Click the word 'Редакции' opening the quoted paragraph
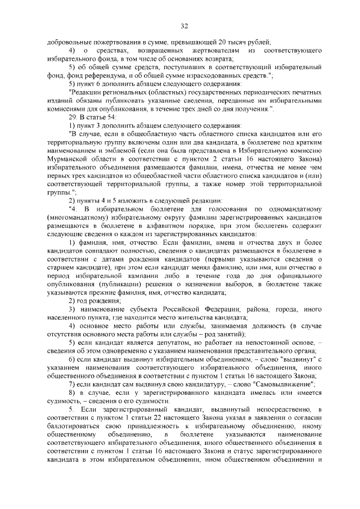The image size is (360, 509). click(85, 91)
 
